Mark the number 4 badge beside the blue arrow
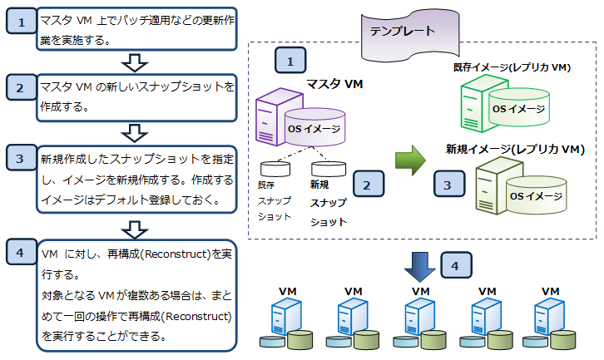[x=457, y=264]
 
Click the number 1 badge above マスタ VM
[x=290, y=61]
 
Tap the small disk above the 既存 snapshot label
[x=275, y=167]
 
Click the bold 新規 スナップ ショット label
[x=327, y=203]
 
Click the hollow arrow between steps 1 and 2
[x=135, y=62]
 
